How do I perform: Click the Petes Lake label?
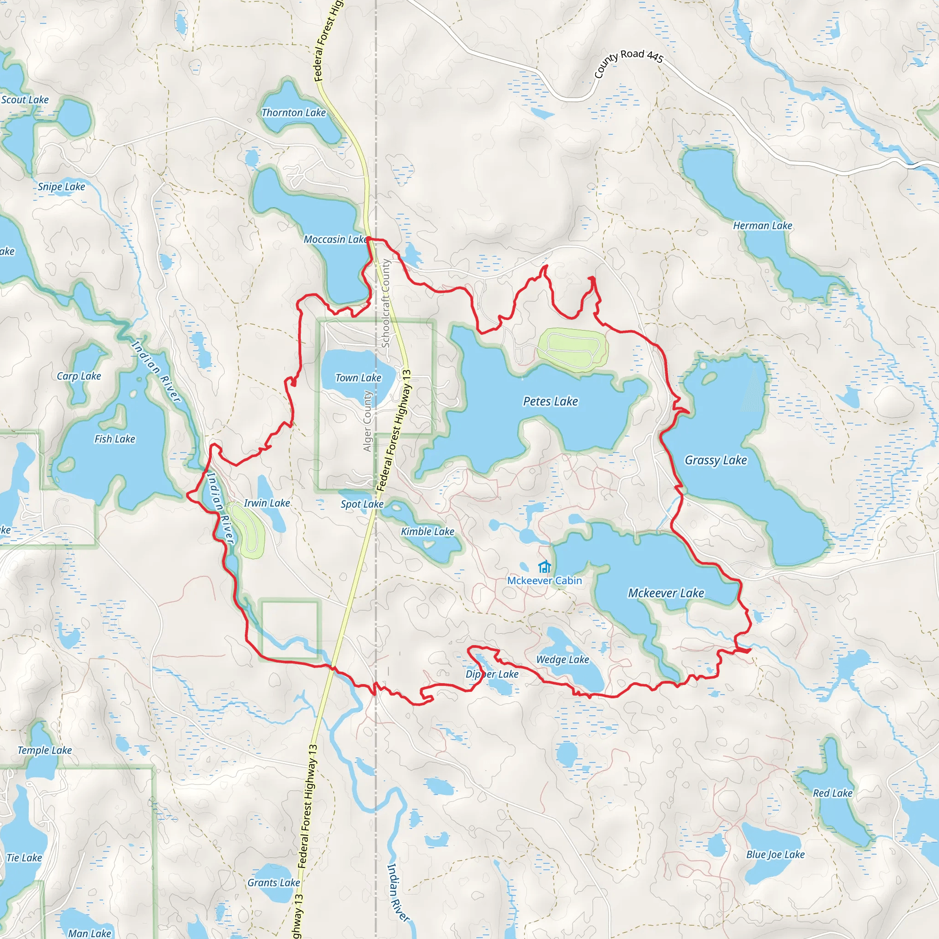pyautogui.click(x=550, y=402)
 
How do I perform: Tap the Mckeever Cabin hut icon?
pyautogui.click(x=544, y=567)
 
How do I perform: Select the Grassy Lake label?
pyautogui.click(x=715, y=460)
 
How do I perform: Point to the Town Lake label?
pyautogui.click(x=358, y=378)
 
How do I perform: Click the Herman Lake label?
pyautogui.click(x=762, y=226)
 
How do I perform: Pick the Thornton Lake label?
pyautogui.click(x=293, y=113)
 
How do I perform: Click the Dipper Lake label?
pyautogui.click(x=492, y=674)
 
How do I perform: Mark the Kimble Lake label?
pyautogui.click(x=427, y=532)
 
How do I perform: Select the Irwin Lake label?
pyautogui.click(x=267, y=503)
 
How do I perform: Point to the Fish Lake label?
pyautogui.click(x=115, y=439)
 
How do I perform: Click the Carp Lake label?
pyautogui.click(x=79, y=376)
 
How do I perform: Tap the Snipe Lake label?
pyautogui.click(x=61, y=187)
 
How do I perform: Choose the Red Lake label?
pyautogui.click(x=833, y=793)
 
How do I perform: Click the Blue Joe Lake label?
pyautogui.click(x=775, y=855)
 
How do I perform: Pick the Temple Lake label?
pyautogui.click(x=45, y=751)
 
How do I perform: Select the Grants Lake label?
pyautogui.click(x=274, y=883)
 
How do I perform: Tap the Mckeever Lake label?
pyautogui.click(x=666, y=593)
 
